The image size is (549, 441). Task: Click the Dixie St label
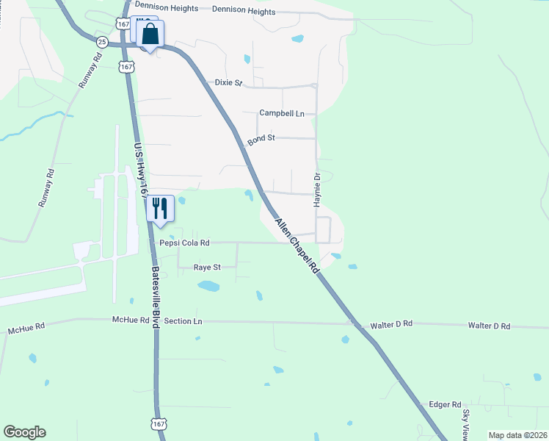(228, 83)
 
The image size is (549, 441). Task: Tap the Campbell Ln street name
(281, 114)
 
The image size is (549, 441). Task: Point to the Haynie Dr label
(318, 190)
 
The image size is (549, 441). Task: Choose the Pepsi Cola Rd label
(185, 243)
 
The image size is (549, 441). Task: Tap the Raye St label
(207, 268)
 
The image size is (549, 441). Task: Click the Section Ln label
(183, 321)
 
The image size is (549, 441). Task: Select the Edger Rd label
(445, 405)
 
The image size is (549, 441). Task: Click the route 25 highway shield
(102, 42)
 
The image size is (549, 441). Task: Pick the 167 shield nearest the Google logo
(159, 424)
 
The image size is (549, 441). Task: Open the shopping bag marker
(150, 35)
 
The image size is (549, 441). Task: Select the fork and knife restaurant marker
(160, 208)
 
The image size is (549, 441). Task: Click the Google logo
(24, 432)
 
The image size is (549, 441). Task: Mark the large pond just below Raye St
(208, 286)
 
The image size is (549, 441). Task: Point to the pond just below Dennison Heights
(297, 38)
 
